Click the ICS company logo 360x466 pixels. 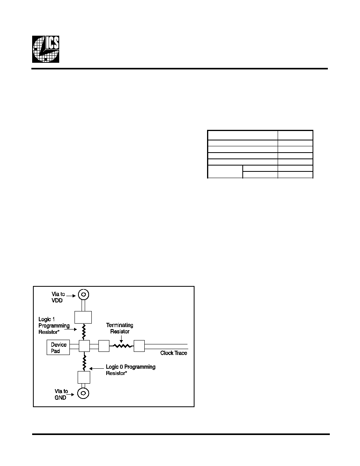pyautogui.click(x=46, y=49)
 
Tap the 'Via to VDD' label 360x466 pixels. pyautogui.click(x=58, y=297)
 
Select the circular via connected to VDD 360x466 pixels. pyautogui.click(x=84, y=295)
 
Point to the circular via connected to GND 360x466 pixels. pyautogui.click(x=83, y=393)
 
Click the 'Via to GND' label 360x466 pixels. pyautogui.click(x=61, y=394)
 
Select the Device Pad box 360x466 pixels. pyautogui.click(x=58, y=348)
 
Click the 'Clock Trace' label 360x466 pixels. pyautogui.click(x=174, y=353)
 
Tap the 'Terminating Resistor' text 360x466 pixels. pyautogui.click(x=120, y=328)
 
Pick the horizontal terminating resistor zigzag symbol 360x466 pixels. pyautogui.click(x=122, y=346)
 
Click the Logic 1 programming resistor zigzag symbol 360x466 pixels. pyautogui.click(x=84, y=332)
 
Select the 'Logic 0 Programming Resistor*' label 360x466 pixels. pyautogui.click(x=131, y=370)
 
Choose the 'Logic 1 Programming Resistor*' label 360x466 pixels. pyautogui.click(x=54, y=326)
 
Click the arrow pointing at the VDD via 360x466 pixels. pyautogui.click(x=71, y=296)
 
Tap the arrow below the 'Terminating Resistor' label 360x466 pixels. pyautogui.click(x=121, y=339)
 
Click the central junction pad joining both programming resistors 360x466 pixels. pyautogui.click(x=84, y=346)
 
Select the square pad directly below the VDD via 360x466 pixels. pyautogui.click(x=83, y=317)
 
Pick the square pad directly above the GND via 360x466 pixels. pyautogui.click(x=84, y=377)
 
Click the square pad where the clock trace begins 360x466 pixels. pyautogui.click(x=139, y=346)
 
